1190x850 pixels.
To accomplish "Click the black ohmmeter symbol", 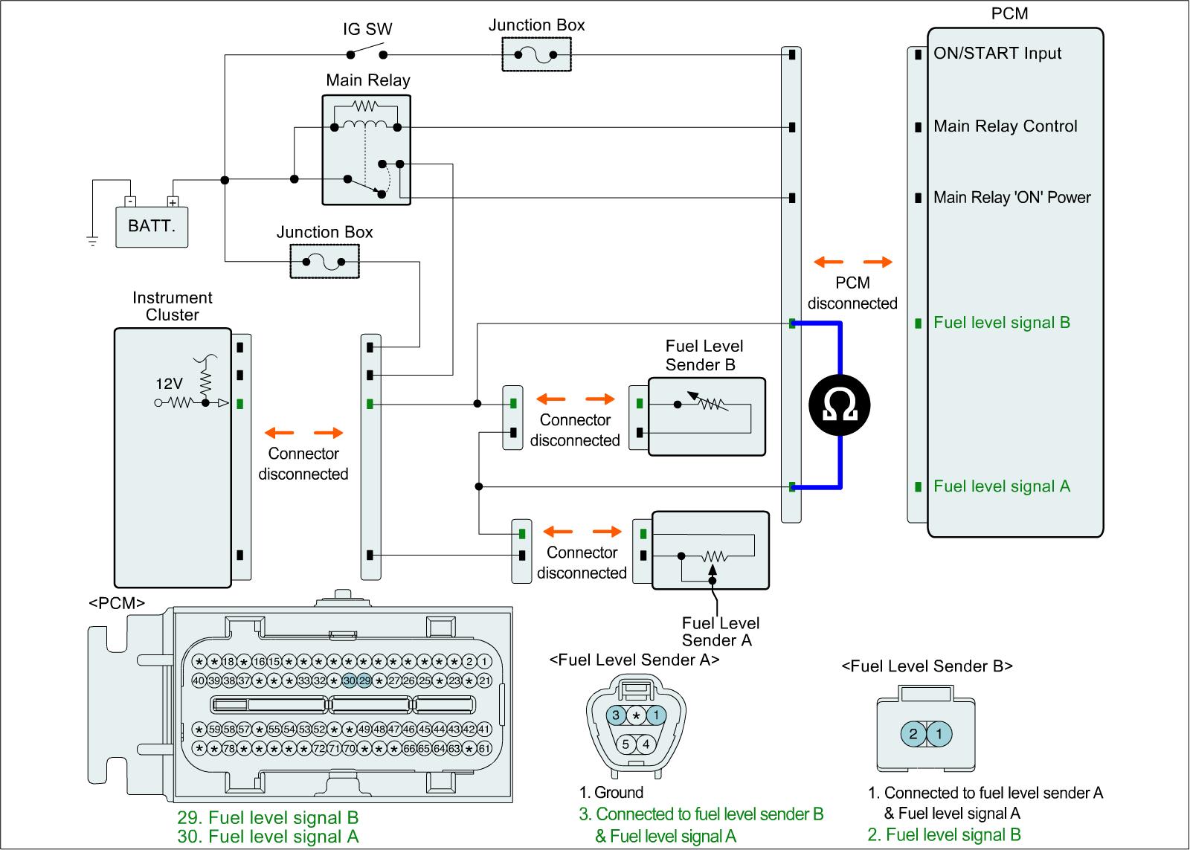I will click(x=840, y=405).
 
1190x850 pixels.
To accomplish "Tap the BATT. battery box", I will click(x=152, y=226).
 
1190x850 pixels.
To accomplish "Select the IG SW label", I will click(x=367, y=30).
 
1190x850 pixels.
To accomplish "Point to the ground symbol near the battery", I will click(x=92, y=240).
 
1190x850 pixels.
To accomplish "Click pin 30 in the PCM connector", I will click(x=350, y=680).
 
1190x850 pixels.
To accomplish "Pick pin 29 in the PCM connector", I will click(x=364, y=680).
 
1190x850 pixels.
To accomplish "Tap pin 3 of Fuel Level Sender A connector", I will click(x=616, y=715).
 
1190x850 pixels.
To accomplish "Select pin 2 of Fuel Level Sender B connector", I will click(x=913, y=735).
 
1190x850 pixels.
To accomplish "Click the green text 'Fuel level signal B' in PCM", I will click(x=1001, y=323).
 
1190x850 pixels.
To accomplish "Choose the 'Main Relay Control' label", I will click(x=1005, y=126).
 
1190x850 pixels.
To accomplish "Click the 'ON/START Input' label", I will click(x=997, y=54).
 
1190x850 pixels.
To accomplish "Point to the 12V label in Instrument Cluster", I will click(x=169, y=384).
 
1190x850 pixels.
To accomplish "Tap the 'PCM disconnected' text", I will click(x=852, y=293).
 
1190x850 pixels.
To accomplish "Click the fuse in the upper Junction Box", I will click(x=536, y=54).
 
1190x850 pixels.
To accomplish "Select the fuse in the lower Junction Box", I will click(x=324, y=262).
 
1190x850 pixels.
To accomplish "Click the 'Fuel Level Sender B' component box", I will click(x=707, y=416).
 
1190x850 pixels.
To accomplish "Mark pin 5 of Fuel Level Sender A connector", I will click(x=626, y=744).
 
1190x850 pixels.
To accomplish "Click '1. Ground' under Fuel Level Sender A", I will click(x=611, y=793).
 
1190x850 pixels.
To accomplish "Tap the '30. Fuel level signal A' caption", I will click(x=268, y=837).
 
